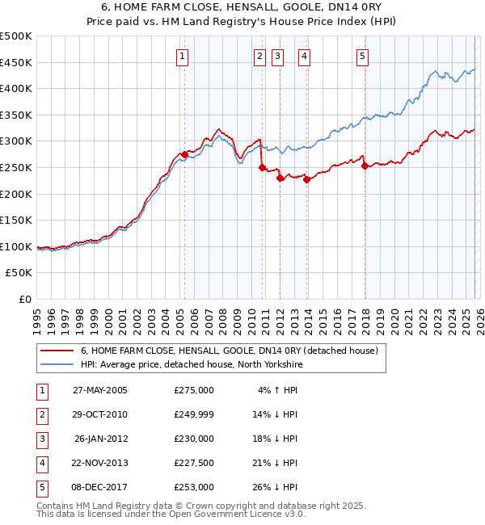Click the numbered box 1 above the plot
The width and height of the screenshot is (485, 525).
[x=183, y=56]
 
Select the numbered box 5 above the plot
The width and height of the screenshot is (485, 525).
[x=361, y=56]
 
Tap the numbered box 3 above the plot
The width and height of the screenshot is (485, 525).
[x=277, y=56]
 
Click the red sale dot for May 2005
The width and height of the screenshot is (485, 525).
[x=184, y=154]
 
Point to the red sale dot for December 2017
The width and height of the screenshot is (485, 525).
[x=365, y=166]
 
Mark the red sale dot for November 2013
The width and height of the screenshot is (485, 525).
[x=307, y=179]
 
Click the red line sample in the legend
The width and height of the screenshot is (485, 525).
[x=57, y=351]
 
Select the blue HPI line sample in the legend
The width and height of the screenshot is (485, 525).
[x=57, y=364]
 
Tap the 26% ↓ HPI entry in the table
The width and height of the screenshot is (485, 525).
[x=278, y=487]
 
